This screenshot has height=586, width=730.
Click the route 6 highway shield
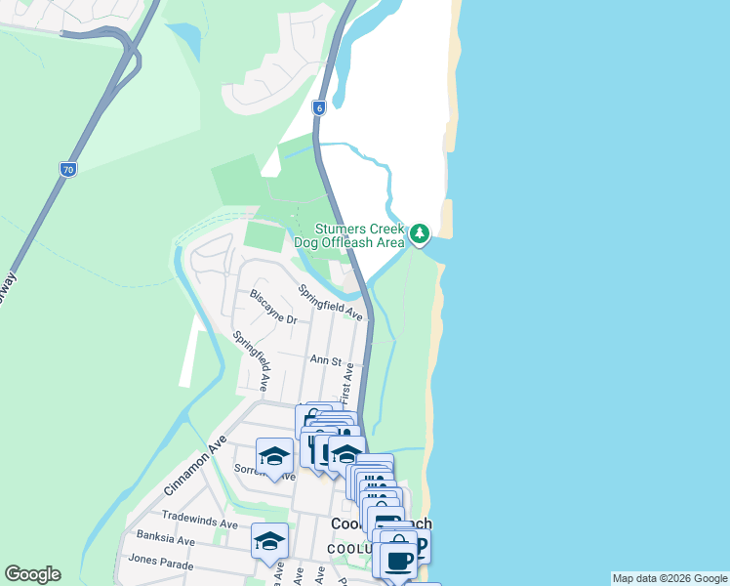click(x=318, y=107)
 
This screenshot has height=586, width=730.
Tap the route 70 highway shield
click(x=66, y=170)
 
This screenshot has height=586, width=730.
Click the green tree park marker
click(x=420, y=233)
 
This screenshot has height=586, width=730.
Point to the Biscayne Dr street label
click(x=272, y=306)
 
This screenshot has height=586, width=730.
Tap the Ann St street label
click(x=325, y=360)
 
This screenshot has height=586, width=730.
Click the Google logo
click(x=32, y=574)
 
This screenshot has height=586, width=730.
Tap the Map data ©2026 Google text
click(x=669, y=578)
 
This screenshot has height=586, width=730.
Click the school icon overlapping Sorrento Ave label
click(x=275, y=456)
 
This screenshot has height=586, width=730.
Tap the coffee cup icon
click(x=397, y=561)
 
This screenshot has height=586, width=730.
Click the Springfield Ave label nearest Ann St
click(x=330, y=303)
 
